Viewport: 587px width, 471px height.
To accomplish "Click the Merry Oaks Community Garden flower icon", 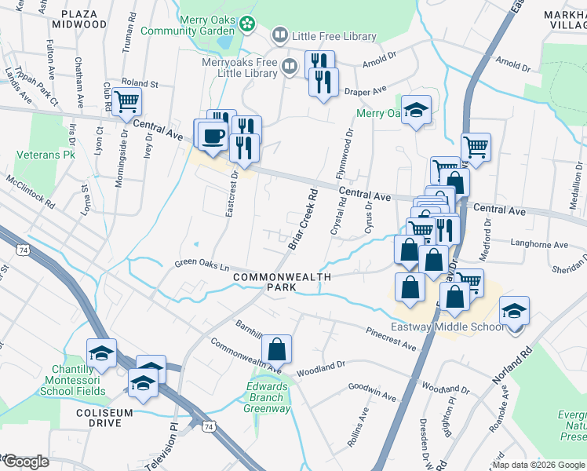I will coord(247,24).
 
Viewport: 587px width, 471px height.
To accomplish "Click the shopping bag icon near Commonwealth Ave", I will coord(276,348).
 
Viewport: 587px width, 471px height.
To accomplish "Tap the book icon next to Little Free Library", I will coord(279,36).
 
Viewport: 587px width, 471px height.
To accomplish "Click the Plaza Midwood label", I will coord(78,20).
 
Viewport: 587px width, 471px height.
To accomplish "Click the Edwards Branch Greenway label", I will coord(268,398).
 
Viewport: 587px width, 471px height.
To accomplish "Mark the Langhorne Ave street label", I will coord(538,245).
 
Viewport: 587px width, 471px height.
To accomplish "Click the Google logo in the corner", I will coord(25,462).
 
